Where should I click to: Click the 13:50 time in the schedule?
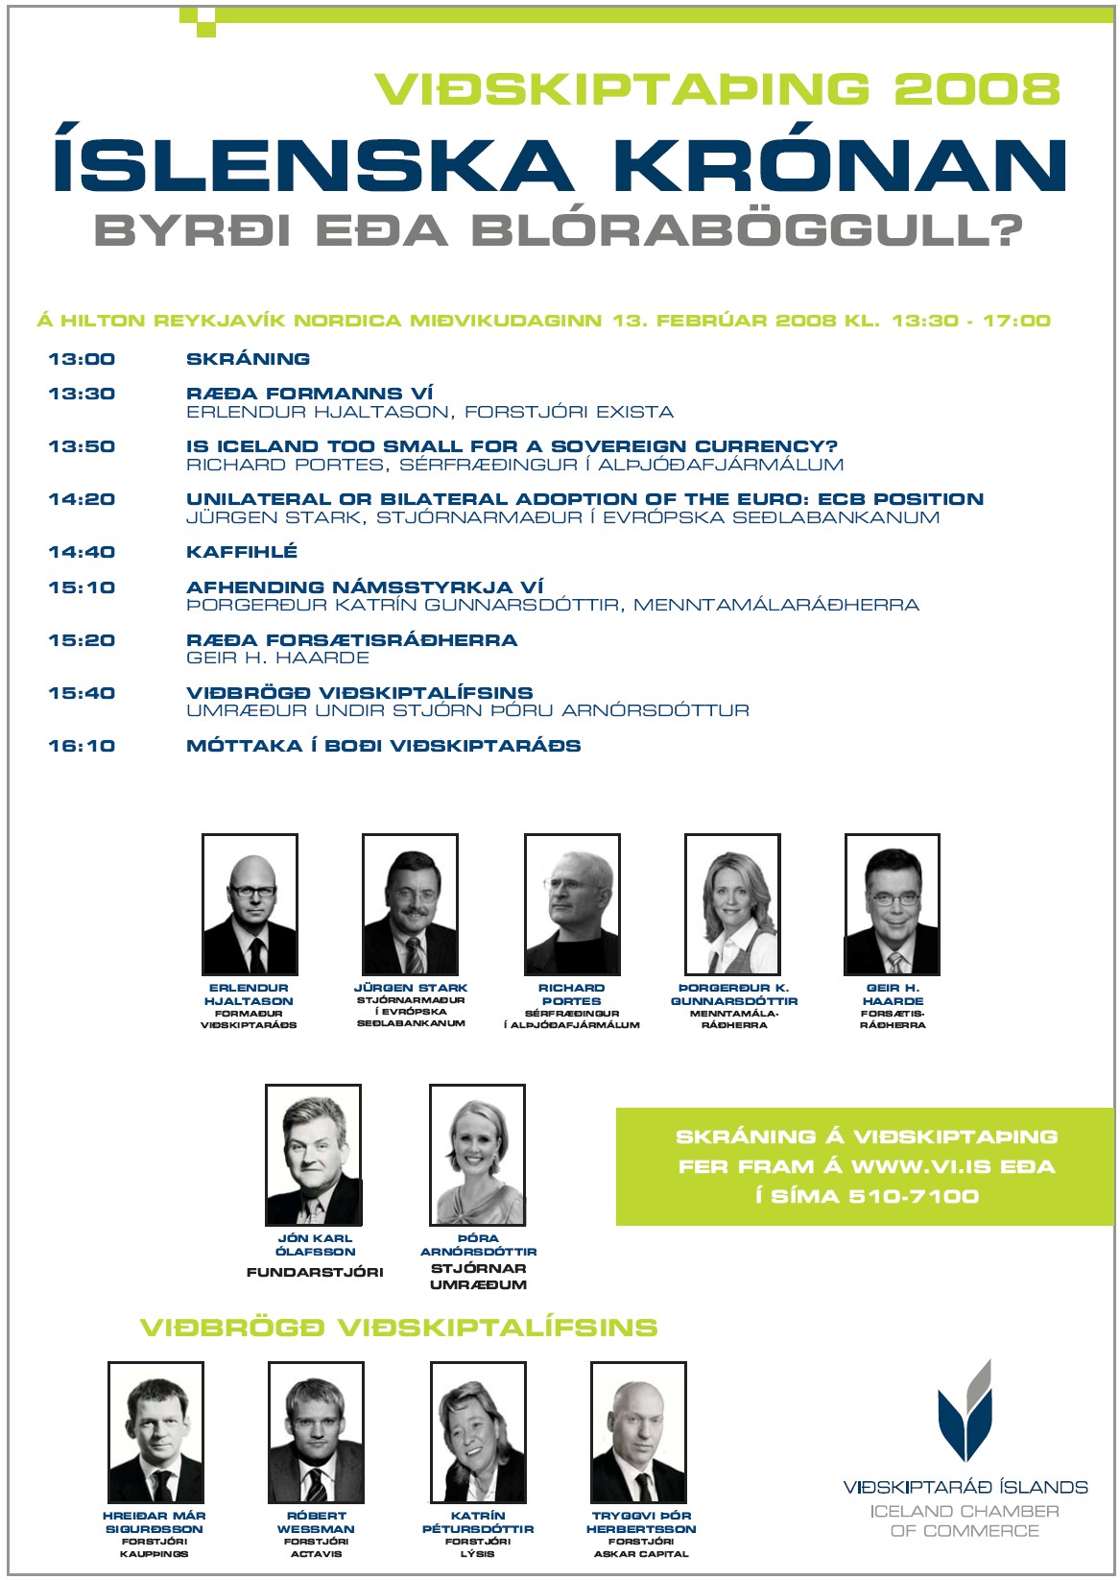[82, 446]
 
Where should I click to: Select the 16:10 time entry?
[82, 746]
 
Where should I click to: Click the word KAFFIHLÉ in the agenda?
[242, 552]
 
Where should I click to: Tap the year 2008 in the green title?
[977, 89]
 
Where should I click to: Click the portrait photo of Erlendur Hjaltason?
[250, 904]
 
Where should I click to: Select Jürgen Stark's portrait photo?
[410, 904]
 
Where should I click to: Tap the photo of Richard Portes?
[572, 904]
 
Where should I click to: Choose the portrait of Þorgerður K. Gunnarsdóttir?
[732, 904]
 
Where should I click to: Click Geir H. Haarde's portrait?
[893, 904]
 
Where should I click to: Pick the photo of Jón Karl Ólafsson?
[313, 1155]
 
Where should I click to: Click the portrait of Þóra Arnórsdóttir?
[477, 1155]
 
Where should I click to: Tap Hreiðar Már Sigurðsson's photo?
[155, 1432]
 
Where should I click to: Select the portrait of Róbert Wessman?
[316, 1432]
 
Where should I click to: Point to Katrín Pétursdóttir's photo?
[478, 1432]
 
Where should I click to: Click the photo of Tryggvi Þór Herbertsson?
[638, 1432]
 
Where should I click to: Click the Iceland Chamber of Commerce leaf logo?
[965, 1411]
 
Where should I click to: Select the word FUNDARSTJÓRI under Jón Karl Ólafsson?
[315, 1273]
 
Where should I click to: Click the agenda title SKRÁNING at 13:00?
[248, 359]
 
